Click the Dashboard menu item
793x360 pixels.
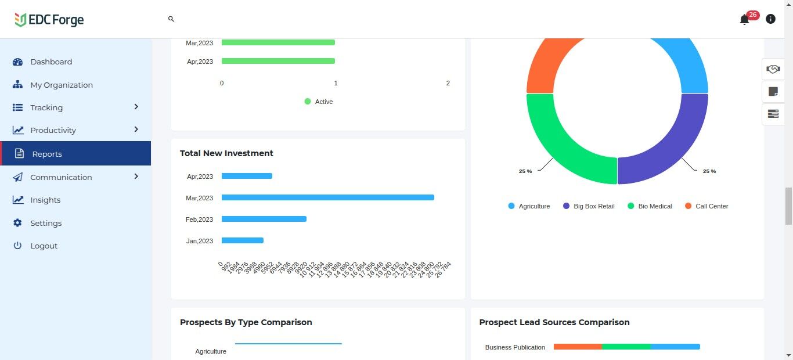pyautogui.click(x=51, y=62)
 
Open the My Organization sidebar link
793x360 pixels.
pyautogui.click(x=61, y=85)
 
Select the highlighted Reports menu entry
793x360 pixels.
pyautogui.click(x=47, y=154)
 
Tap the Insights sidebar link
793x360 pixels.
pyautogui.click(x=45, y=200)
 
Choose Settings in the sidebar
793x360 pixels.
pyautogui.click(x=46, y=223)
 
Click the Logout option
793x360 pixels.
pyautogui.click(x=44, y=246)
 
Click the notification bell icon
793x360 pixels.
pyautogui.click(x=744, y=20)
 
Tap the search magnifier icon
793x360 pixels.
pyautogui.click(x=171, y=19)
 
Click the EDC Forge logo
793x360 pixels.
pyautogui.click(x=49, y=20)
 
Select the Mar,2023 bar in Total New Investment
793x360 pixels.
pyautogui.click(x=327, y=197)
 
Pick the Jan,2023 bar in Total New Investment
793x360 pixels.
pyautogui.click(x=242, y=240)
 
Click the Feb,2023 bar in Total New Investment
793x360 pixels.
pyautogui.click(x=264, y=219)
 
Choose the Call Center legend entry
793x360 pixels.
pyautogui.click(x=711, y=206)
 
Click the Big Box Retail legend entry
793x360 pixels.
pyautogui.click(x=593, y=206)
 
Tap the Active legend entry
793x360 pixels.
pyautogui.click(x=323, y=102)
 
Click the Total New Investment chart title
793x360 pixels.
pyautogui.click(x=226, y=153)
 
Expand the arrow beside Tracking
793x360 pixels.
pyautogui.click(x=136, y=107)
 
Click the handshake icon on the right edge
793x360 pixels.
pyautogui.click(x=773, y=69)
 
